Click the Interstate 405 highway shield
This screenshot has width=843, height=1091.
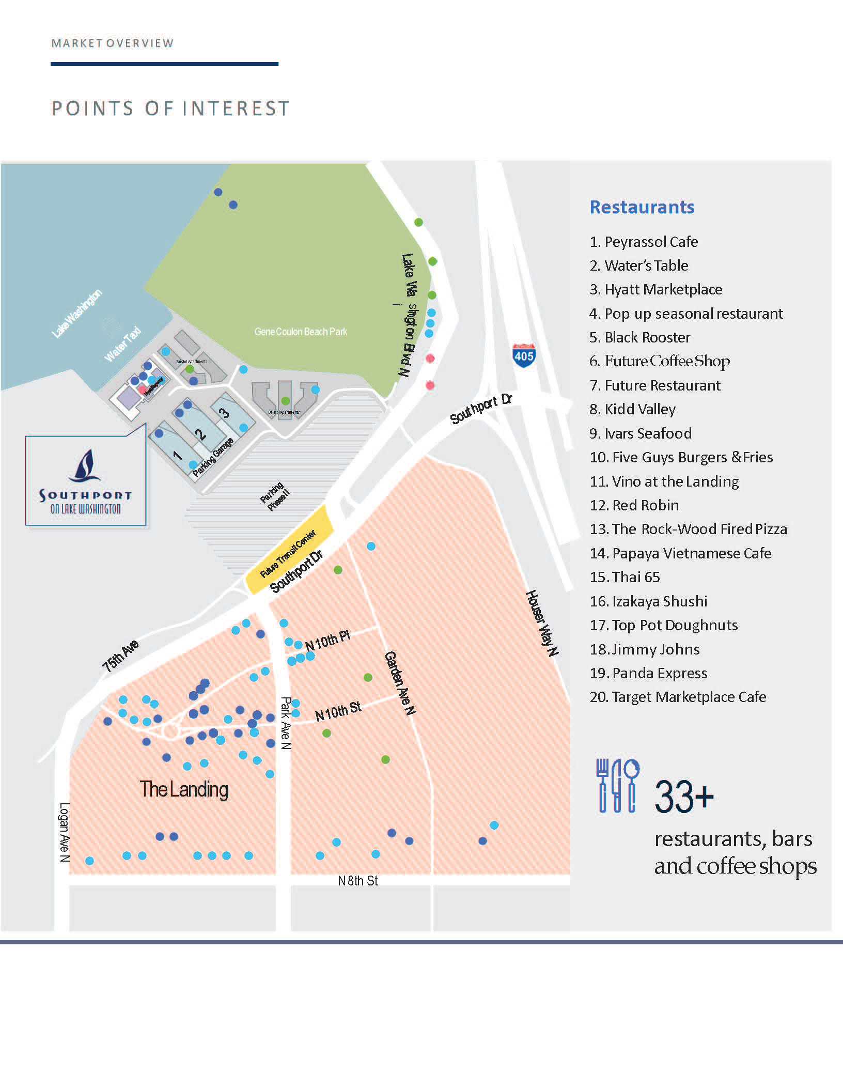click(524, 355)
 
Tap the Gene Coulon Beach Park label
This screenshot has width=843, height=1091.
click(301, 332)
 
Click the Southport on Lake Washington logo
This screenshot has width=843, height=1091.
click(86, 481)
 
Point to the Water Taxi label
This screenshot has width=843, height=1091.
click(122, 344)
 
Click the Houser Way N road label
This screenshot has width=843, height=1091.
click(542, 623)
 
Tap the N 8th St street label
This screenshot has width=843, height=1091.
click(357, 881)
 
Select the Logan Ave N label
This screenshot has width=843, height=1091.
click(65, 832)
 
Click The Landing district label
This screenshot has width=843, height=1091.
click(184, 789)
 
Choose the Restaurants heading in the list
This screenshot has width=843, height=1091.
click(642, 207)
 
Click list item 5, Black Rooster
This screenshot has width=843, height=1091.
click(640, 337)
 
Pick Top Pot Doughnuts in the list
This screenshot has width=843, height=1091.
click(664, 625)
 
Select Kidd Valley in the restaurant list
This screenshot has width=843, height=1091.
click(633, 409)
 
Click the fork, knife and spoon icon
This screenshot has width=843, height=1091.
click(618, 786)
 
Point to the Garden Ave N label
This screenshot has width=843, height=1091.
click(400, 683)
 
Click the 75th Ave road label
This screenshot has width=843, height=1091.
click(120, 656)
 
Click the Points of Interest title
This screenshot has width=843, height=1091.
click(170, 108)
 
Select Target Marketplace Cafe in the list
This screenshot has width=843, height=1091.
click(678, 697)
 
